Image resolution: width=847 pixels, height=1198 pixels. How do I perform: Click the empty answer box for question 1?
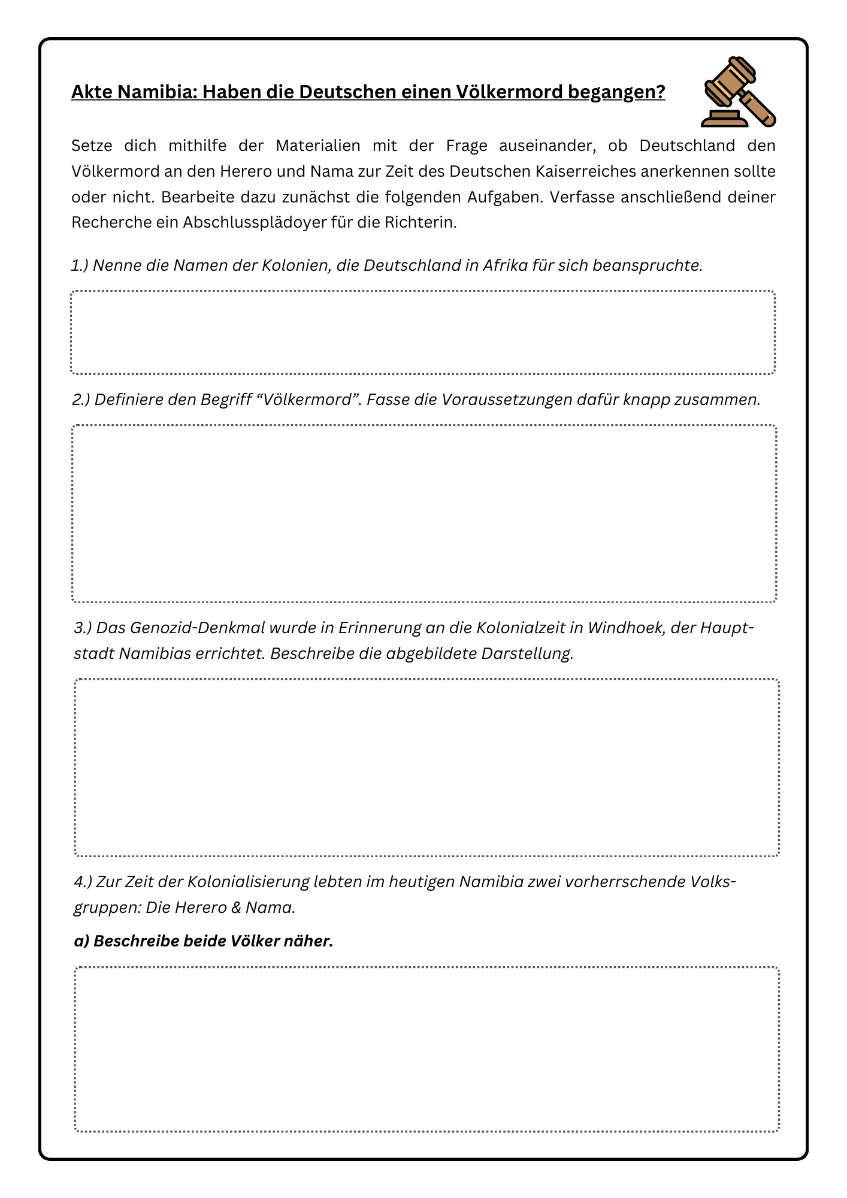423,332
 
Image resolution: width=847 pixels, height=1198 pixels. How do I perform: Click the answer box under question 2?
424,513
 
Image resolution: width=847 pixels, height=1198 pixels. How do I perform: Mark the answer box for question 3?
426,767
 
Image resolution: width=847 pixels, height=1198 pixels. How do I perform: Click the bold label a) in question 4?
81,941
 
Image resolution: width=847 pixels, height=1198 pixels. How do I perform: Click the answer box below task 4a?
426,1049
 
